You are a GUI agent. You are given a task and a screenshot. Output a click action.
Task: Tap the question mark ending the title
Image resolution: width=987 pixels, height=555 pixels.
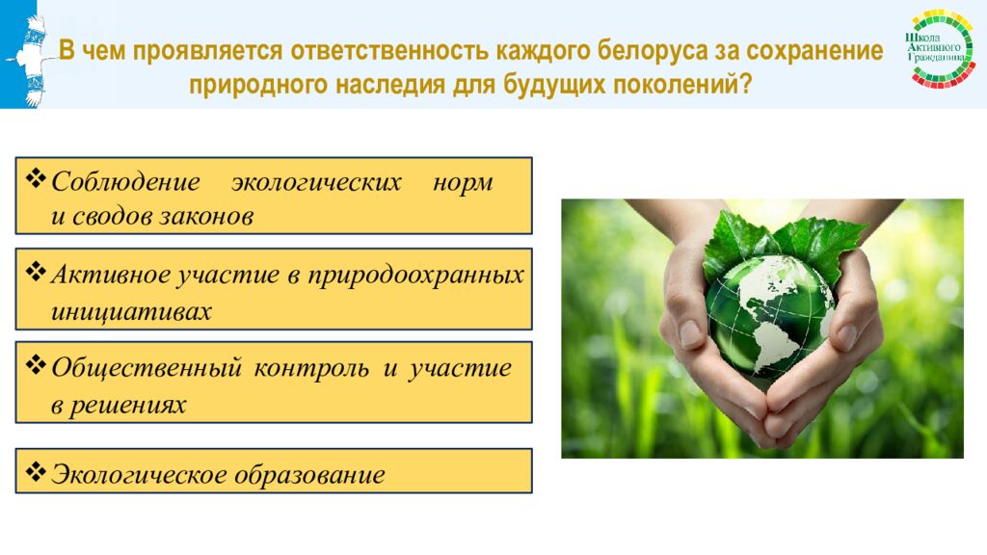click(746, 83)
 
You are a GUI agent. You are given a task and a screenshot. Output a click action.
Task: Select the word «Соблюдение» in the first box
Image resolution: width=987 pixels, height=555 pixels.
click(126, 182)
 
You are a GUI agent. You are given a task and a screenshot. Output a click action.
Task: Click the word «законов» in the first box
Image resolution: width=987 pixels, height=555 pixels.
click(206, 217)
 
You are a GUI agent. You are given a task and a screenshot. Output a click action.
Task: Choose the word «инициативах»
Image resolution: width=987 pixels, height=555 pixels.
click(131, 311)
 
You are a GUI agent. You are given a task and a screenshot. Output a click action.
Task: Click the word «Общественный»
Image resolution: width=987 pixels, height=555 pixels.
click(147, 368)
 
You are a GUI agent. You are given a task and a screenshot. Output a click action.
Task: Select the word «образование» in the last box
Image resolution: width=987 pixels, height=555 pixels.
click(309, 474)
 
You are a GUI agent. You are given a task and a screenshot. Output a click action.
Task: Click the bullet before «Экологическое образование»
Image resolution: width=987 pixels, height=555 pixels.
click(36, 471)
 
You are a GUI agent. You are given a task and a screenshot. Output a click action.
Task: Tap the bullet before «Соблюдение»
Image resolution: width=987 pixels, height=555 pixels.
click(36, 178)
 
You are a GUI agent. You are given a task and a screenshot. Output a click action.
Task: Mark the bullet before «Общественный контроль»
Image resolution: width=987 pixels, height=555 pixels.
click(36, 364)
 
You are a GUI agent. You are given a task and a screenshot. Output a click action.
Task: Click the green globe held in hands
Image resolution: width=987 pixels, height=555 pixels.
click(769, 315)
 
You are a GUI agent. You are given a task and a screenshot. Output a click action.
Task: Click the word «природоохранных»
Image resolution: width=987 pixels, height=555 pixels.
click(415, 276)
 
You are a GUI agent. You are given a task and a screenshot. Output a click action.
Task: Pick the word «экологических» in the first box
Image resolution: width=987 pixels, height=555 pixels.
click(316, 182)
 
